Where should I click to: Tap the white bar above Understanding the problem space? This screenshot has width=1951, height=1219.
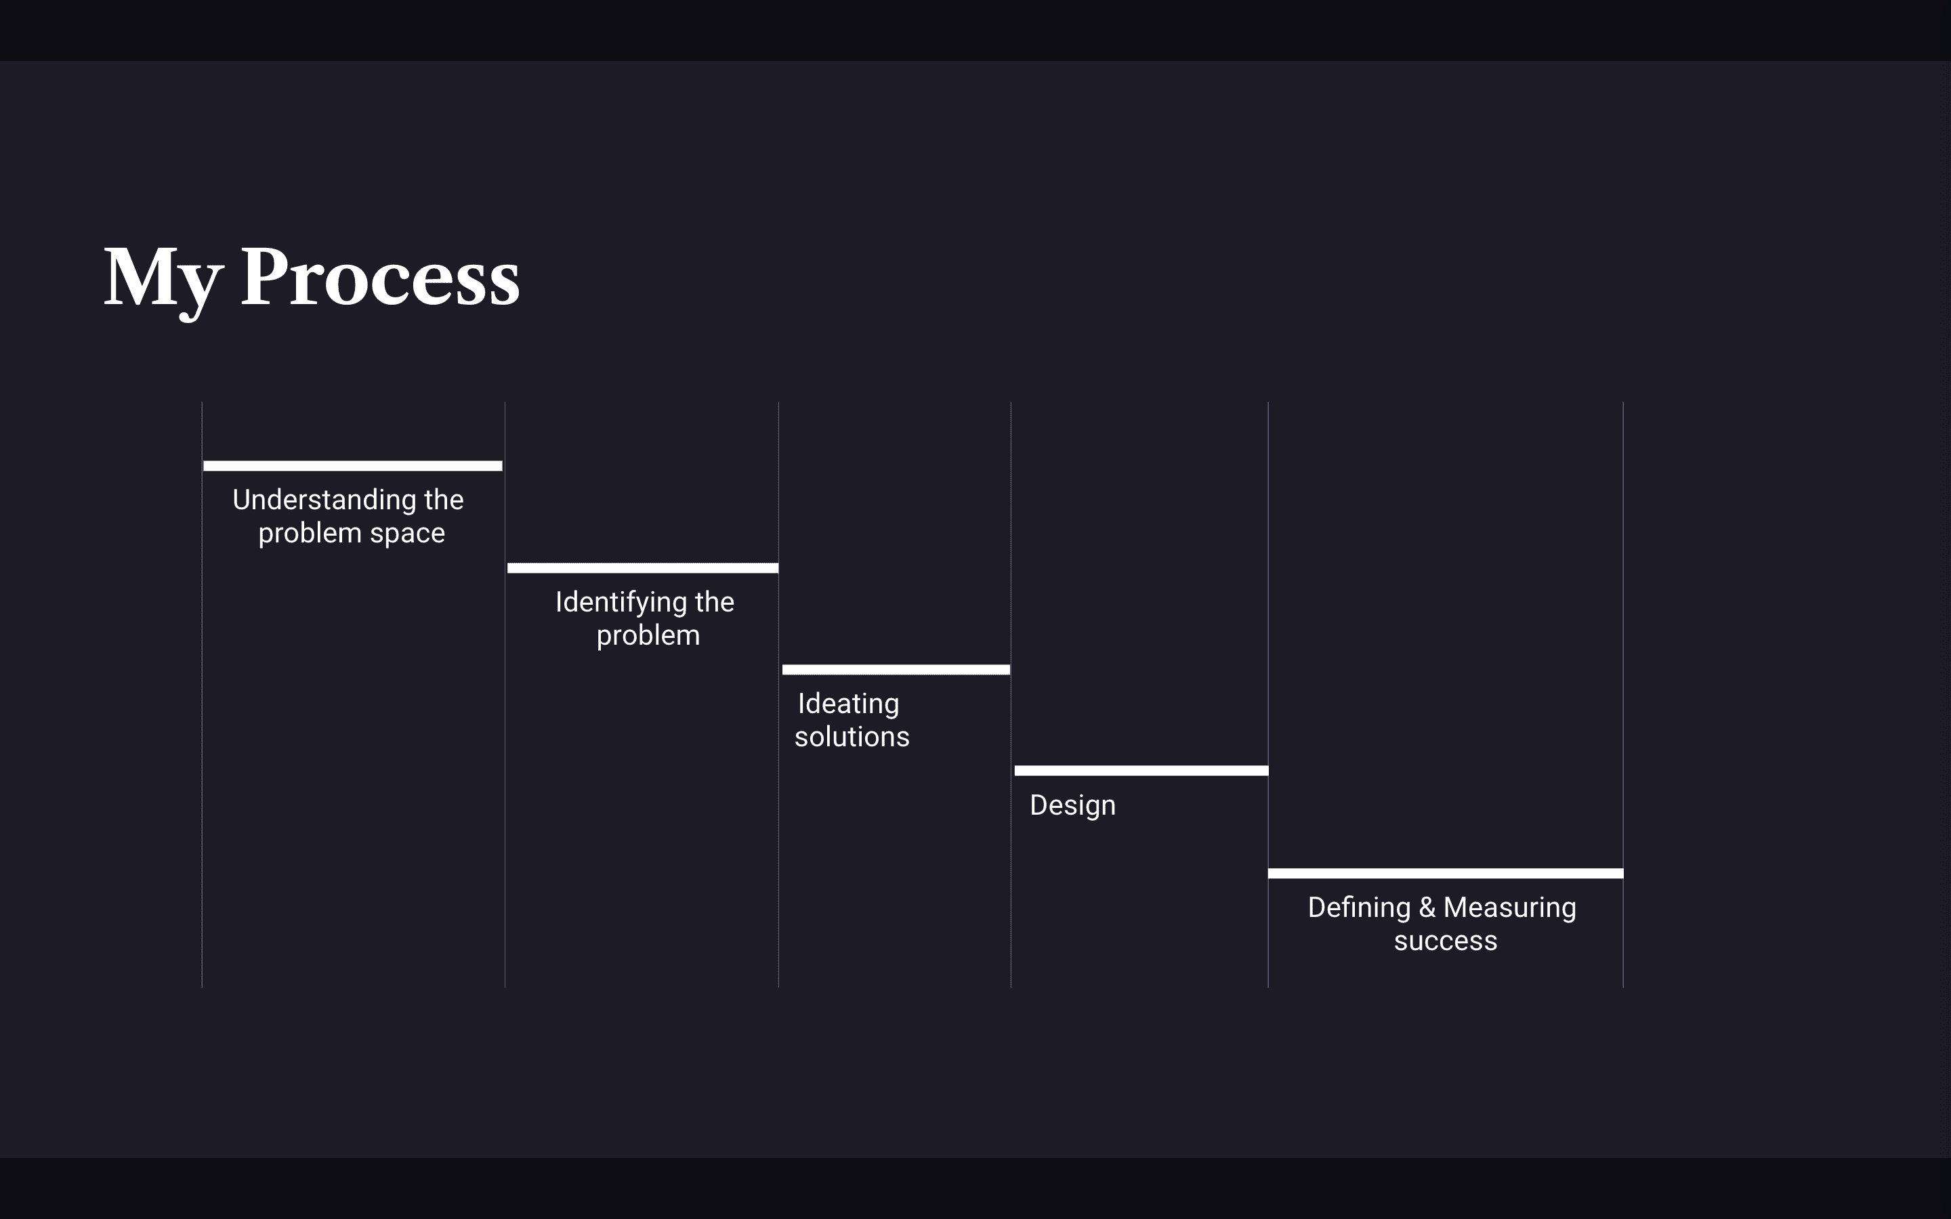pyautogui.click(x=352, y=466)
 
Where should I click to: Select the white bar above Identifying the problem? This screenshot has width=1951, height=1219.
pyautogui.click(x=642, y=568)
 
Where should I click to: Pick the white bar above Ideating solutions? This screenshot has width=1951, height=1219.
pyautogui.click(x=896, y=670)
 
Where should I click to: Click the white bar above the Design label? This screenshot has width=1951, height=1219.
pyautogui.click(x=1141, y=771)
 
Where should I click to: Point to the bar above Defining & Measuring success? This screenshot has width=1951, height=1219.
pyautogui.click(x=1445, y=874)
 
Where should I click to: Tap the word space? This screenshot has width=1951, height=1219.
pyautogui.click(x=407, y=534)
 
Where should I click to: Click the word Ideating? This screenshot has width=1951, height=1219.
pyautogui.click(x=848, y=704)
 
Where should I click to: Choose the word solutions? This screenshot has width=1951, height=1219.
pyautogui.click(x=852, y=737)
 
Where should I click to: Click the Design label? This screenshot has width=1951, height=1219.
pyautogui.click(x=1072, y=806)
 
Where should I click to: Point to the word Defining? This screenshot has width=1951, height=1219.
pyautogui.click(x=1358, y=907)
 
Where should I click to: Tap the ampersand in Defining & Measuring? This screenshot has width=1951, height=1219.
pyautogui.click(x=1427, y=907)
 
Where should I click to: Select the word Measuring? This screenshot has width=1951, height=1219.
pyautogui.click(x=1509, y=907)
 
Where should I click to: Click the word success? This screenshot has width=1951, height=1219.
pyautogui.click(x=1445, y=941)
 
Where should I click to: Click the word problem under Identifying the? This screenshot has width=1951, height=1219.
pyautogui.click(x=648, y=636)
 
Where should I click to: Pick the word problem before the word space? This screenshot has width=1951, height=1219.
pyautogui.click(x=310, y=534)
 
